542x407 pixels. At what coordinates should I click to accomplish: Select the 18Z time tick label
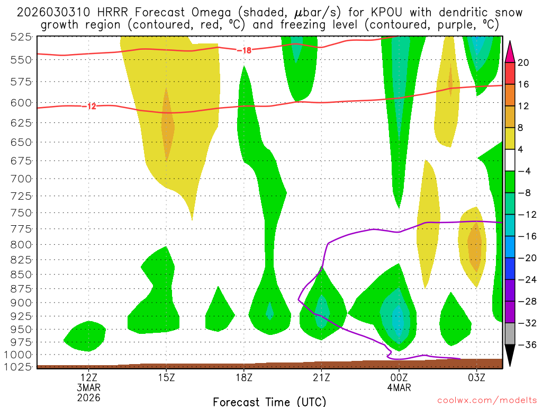click(x=244, y=378)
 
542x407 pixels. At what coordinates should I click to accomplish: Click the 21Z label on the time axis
click(x=321, y=378)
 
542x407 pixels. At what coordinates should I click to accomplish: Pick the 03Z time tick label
click(x=476, y=378)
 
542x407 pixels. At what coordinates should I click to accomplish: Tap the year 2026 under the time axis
click(x=88, y=397)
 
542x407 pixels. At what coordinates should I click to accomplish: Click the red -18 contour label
click(x=244, y=50)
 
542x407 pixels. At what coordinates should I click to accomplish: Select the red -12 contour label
click(x=89, y=106)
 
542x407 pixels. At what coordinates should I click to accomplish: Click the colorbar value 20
click(x=523, y=63)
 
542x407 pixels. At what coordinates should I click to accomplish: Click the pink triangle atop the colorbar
click(x=511, y=50)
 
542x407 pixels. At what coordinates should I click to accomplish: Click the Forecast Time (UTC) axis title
click(x=269, y=401)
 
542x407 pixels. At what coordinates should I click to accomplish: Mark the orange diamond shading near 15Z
click(x=167, y=125)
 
